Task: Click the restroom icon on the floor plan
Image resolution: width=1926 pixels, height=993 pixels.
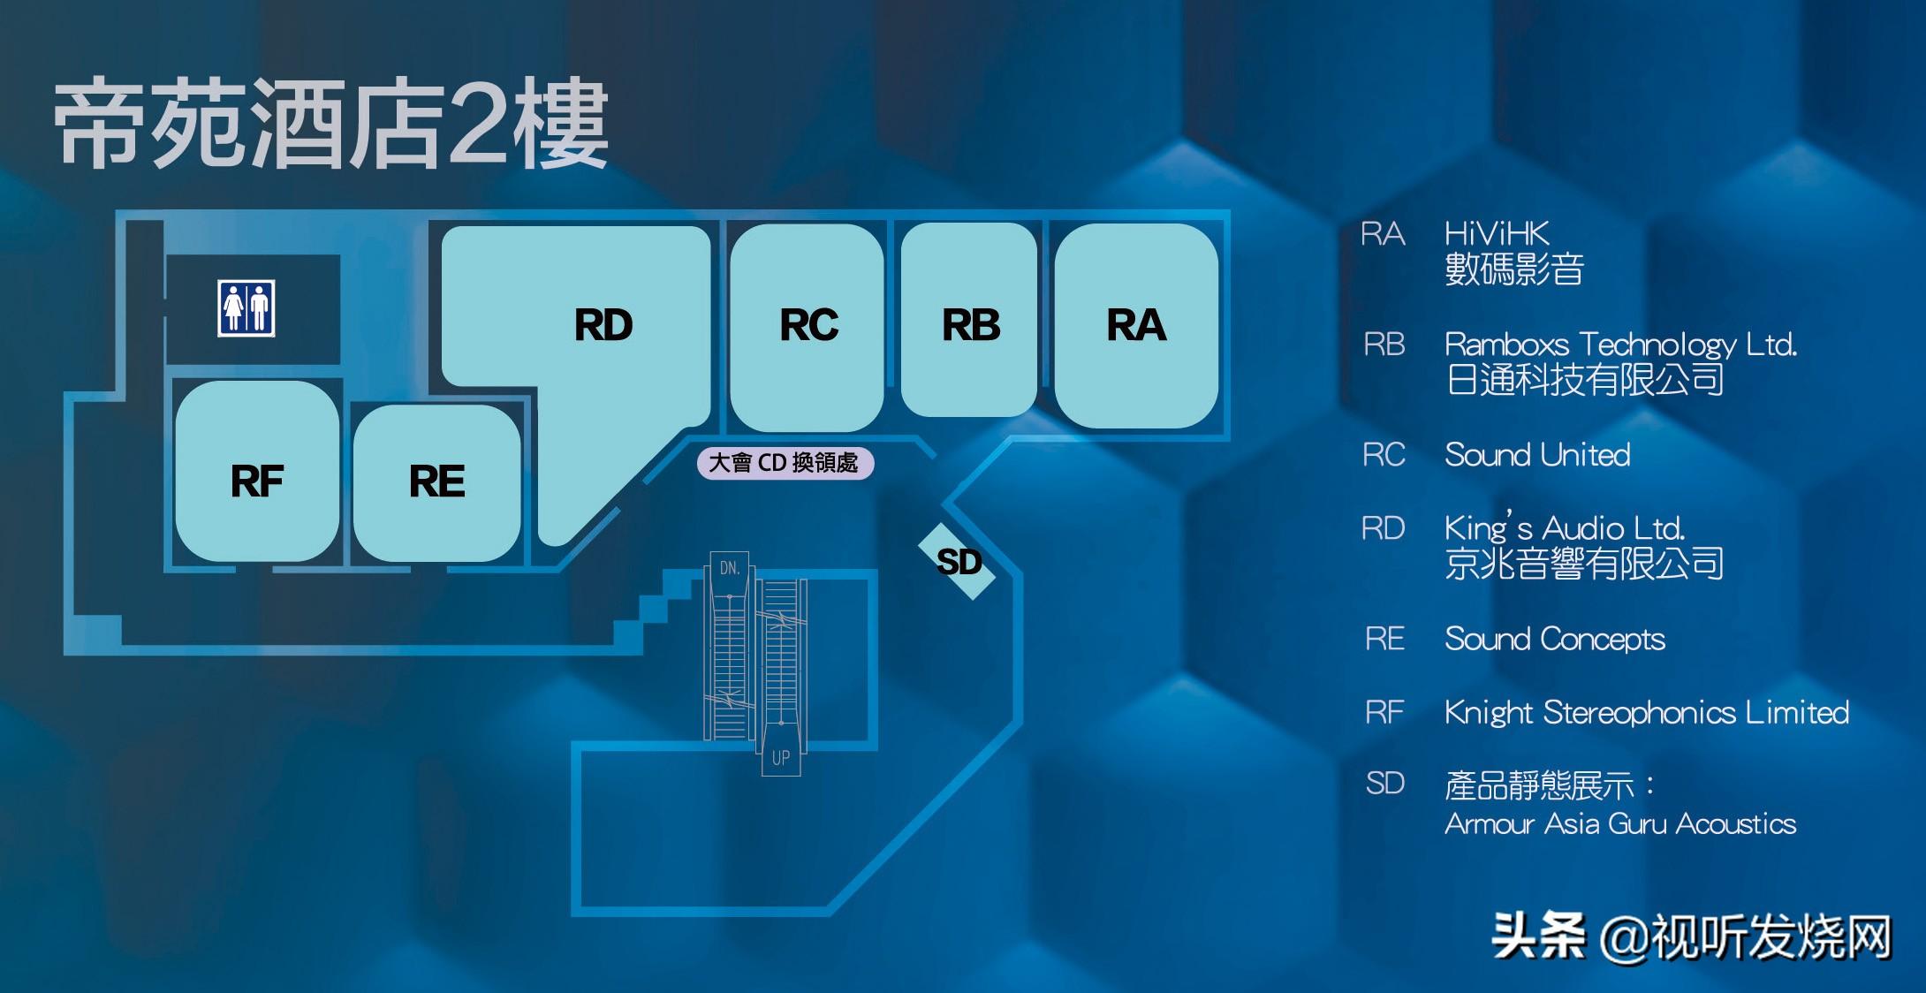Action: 246,308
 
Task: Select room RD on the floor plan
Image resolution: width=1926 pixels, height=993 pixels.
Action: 603,325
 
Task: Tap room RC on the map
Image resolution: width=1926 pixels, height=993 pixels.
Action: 808,325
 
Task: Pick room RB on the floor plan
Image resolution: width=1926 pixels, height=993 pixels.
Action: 970,325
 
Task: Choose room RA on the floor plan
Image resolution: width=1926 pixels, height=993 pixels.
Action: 1136,325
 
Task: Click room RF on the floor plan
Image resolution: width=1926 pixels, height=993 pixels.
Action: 257,481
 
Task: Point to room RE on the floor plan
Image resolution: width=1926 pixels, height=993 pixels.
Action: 436,481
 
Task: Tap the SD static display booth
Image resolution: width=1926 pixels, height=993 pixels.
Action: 959,562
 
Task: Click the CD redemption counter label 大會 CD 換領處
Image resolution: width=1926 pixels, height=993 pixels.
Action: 785,463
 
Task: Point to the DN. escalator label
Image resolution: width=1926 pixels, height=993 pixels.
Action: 730,568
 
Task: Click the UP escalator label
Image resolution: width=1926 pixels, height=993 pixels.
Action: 781,758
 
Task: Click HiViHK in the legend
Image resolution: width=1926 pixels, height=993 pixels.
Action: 1497,234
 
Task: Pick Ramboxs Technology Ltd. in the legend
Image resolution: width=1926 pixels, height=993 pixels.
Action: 1620,344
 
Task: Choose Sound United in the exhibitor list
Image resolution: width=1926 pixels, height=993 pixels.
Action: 1537,455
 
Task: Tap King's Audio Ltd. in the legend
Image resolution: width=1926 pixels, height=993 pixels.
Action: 1565,528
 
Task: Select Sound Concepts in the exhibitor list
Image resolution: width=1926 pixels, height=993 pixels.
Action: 1555,639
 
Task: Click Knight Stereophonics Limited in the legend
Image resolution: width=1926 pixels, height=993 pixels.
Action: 1647,712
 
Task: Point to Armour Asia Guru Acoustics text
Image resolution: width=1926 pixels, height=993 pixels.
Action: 1620,823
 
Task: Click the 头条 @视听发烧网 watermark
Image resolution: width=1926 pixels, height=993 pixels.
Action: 1691,936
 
